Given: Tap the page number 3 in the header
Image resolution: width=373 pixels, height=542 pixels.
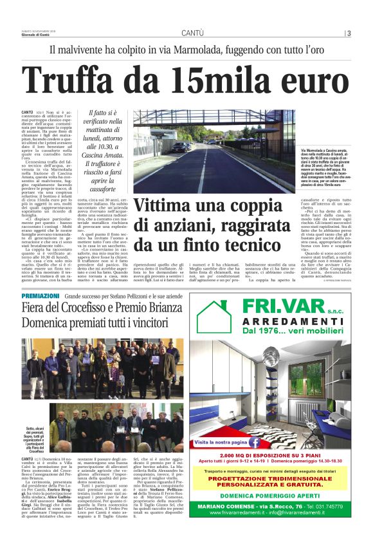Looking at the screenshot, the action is pos(348,33).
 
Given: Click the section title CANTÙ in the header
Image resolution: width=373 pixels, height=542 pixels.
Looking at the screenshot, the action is pos(192,33).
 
